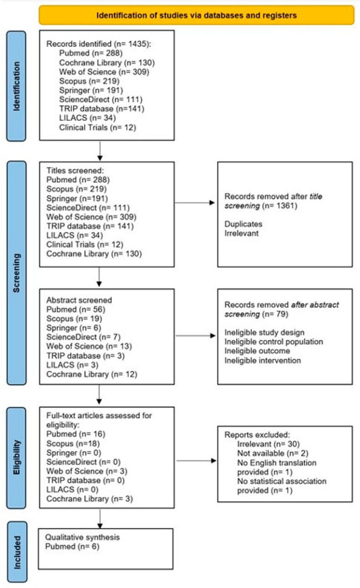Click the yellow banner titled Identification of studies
click(196, 15)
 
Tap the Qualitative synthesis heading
click(82, 537)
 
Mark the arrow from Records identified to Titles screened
click(99, 150)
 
